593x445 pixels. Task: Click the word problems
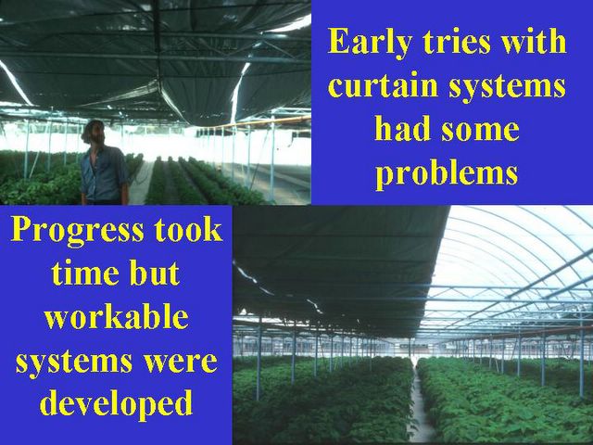coord(447,173)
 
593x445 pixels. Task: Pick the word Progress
coord(78,232)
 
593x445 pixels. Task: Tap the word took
coord(189,230)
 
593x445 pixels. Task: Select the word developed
coord(116,404)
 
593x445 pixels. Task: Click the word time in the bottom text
coord(86,273)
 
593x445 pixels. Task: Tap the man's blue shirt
coord(103,173)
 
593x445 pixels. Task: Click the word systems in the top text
coord(507,86)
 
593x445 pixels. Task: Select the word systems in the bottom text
coord(74,362)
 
